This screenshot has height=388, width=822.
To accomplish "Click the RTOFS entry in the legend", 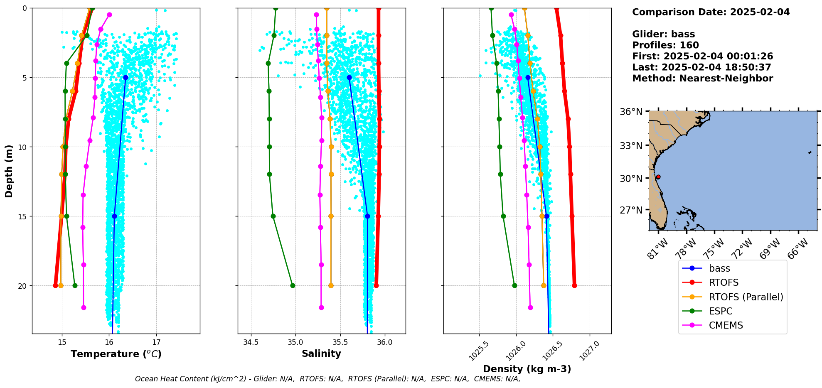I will (723, 283).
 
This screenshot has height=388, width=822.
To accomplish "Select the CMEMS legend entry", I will (725, 325).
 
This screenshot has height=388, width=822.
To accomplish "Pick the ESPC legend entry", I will (720, 311).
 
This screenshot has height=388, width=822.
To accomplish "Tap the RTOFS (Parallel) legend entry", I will (746, 297).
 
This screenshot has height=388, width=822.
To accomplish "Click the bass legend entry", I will (719, 269).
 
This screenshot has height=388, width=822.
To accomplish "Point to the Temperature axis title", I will (116, 354).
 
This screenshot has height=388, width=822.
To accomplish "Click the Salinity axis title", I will (321, 354).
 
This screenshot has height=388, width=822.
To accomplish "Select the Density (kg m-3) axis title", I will (527, 369).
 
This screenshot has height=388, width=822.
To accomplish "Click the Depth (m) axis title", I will (9, 171).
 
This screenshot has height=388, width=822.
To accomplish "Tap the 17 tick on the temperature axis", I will (156, 342).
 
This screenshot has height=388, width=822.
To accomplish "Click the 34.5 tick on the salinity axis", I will (251, 342).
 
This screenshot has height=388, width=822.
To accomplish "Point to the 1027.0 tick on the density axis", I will (589, 351).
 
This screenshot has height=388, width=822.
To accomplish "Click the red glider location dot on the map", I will (658, 177).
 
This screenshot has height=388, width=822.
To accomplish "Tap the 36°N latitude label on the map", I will (631, 112).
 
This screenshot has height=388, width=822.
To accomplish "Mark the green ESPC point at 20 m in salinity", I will (293, 285).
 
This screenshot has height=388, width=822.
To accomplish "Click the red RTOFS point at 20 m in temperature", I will (55, 285).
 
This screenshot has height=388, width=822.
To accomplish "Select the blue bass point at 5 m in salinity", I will (349, 78).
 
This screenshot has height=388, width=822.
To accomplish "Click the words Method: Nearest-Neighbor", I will (702, 79).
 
